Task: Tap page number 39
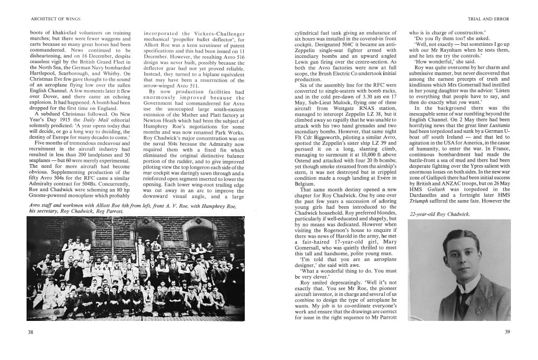[x=507, y=332]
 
